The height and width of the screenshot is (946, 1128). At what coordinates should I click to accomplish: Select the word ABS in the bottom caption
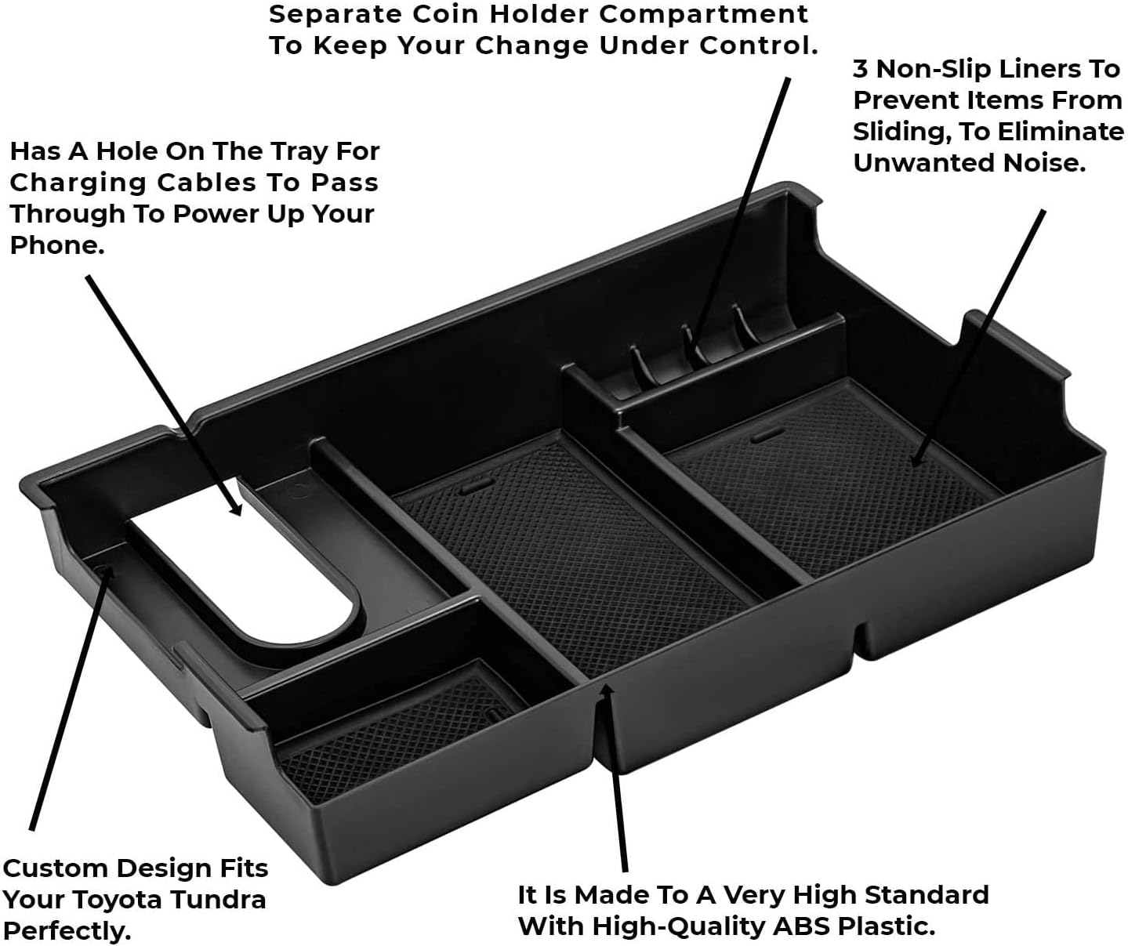click(796, 926)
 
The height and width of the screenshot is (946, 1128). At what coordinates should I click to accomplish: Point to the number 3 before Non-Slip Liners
click(861, 69)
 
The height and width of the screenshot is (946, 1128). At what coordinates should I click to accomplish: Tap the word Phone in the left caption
click(55, 245)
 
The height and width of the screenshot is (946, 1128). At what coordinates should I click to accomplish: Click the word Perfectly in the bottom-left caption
click(66, 932)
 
